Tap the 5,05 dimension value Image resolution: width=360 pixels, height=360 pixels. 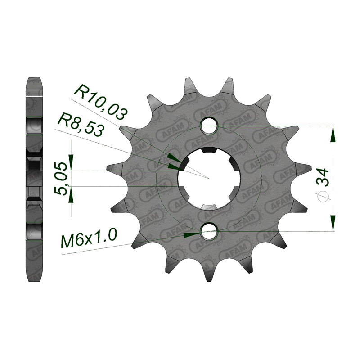[x=61, y=179]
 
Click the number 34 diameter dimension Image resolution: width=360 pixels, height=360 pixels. [x=323, y=177]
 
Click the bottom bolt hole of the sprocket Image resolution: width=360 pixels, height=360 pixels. [x=209, y=231]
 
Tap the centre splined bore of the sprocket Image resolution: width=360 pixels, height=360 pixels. [x=209, y=178]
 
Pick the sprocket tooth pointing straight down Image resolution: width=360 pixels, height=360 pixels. [x=209, y=273]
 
